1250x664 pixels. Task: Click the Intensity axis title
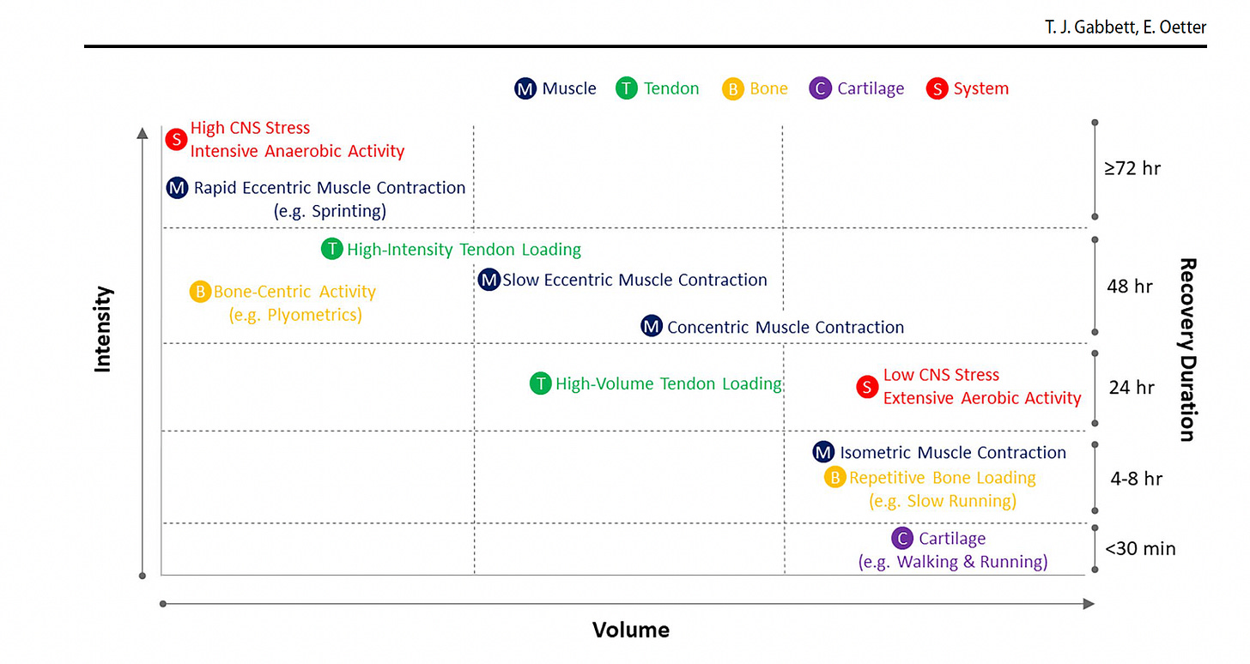point(103,329)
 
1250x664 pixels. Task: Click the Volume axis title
point(630,631)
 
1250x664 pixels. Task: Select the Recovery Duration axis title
point(1186,349)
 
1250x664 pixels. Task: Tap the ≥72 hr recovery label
point(1132,168)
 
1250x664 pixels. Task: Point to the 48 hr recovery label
point(1130,287)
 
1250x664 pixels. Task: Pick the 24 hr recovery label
point(1132,388)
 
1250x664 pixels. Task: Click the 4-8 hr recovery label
point(1136,479)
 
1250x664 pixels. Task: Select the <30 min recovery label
point(1140,548)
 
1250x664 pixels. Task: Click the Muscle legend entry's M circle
point(525,88)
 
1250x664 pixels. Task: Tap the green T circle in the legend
point(627,88)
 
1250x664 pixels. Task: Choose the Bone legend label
point(768,88)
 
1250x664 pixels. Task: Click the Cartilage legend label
point(871,88)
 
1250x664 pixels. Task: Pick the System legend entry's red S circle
point(937,88)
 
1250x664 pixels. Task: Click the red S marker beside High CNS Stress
point(176,139)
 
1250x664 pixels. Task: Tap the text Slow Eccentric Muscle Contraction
point(634,280)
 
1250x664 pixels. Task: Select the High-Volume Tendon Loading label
point(668,384)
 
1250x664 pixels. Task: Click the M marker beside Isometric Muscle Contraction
point(823,452)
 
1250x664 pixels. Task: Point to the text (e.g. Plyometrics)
point(295,315)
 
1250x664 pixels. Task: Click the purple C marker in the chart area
point(901,539)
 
